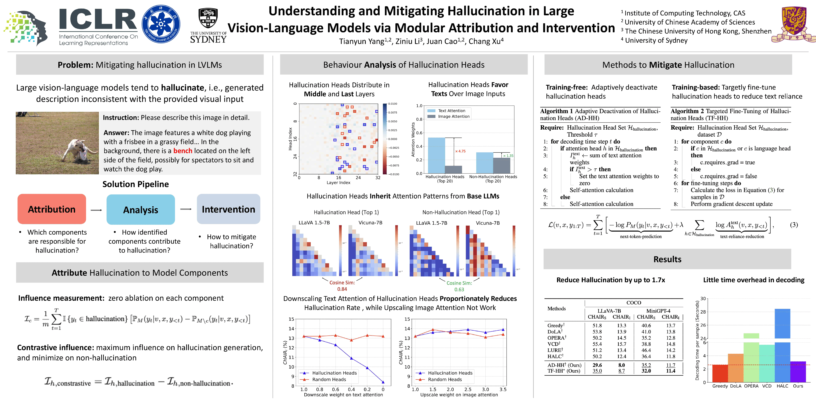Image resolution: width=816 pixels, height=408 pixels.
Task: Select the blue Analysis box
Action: (141, 210)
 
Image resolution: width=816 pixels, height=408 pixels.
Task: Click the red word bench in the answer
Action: (183, 151)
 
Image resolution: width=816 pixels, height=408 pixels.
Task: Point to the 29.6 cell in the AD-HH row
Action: (597, 365)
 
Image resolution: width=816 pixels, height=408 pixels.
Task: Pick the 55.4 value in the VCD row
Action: (597, 344)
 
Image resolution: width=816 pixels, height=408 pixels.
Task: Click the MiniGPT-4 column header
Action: (658, 311)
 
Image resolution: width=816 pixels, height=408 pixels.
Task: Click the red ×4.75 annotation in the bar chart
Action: (460, 151)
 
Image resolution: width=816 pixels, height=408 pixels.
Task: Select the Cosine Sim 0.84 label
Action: (342, 286)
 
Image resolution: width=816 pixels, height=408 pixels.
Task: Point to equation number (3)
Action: (794, 225)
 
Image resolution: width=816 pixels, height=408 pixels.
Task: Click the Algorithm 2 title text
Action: (730, 114)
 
